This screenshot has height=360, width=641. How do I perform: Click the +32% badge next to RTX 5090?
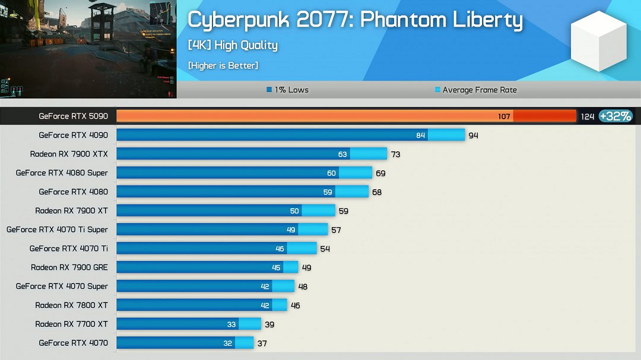(615, 116)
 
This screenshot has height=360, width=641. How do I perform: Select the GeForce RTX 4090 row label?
(74, 135)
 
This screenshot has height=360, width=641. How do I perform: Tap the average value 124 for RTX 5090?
(587, 117)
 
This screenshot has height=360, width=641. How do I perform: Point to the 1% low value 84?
(421, 135)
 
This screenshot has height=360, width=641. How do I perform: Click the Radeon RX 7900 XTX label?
(69, 154)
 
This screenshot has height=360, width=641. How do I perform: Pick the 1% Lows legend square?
(269, 90)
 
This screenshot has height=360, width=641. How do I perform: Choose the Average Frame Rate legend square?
(437, 90)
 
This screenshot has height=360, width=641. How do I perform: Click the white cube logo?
(598, 42)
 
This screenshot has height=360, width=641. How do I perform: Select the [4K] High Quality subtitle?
(233, 45)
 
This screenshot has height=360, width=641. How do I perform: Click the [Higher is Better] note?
(223, 65)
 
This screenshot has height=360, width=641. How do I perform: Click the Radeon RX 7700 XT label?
(71, 324)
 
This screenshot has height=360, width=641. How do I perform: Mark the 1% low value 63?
(342, 154)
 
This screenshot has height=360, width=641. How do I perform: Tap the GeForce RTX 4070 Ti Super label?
(57, 230)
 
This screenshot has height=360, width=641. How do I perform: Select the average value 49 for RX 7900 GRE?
(306, 267)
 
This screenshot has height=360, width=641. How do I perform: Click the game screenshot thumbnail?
(88, 49)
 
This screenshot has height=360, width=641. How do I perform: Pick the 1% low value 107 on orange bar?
(504, 117)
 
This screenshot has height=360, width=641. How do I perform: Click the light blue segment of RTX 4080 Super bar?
(356, 173)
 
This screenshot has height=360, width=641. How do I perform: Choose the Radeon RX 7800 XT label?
(71, 305)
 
